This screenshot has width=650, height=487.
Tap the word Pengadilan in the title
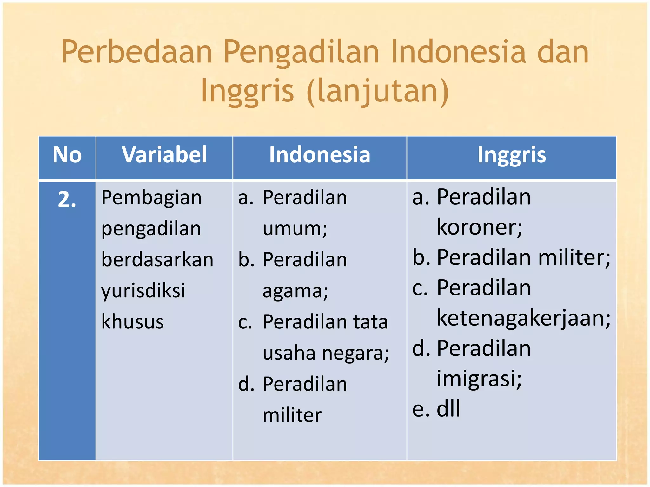click(301, 52)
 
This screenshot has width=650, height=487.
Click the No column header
click(67, 155)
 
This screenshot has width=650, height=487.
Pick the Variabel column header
click(164, 155)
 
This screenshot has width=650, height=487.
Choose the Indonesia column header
click(320, 155)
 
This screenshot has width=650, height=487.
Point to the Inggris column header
click(512, 155)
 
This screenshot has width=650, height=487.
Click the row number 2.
click(67, 200)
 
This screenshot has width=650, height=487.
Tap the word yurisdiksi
click(143, 291)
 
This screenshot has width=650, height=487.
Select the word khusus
click(132, 322)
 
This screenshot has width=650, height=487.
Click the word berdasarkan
click(157, 260)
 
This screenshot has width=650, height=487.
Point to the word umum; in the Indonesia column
click(295, 229)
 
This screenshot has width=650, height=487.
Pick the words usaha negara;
click(326, 353)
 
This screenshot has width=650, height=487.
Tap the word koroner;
click(479, 227)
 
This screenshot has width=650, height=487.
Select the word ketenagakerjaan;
click(523, 318)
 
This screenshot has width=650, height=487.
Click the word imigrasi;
click(479, 379)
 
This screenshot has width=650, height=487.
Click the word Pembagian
click(151, 198)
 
